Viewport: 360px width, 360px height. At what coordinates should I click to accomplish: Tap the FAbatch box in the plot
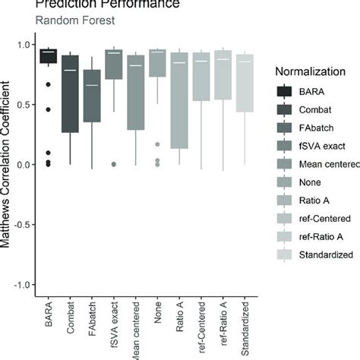click(92, 95)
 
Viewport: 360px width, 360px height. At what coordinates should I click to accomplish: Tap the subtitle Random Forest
click(71, 21)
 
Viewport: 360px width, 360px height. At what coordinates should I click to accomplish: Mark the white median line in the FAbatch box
click(92, 85)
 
